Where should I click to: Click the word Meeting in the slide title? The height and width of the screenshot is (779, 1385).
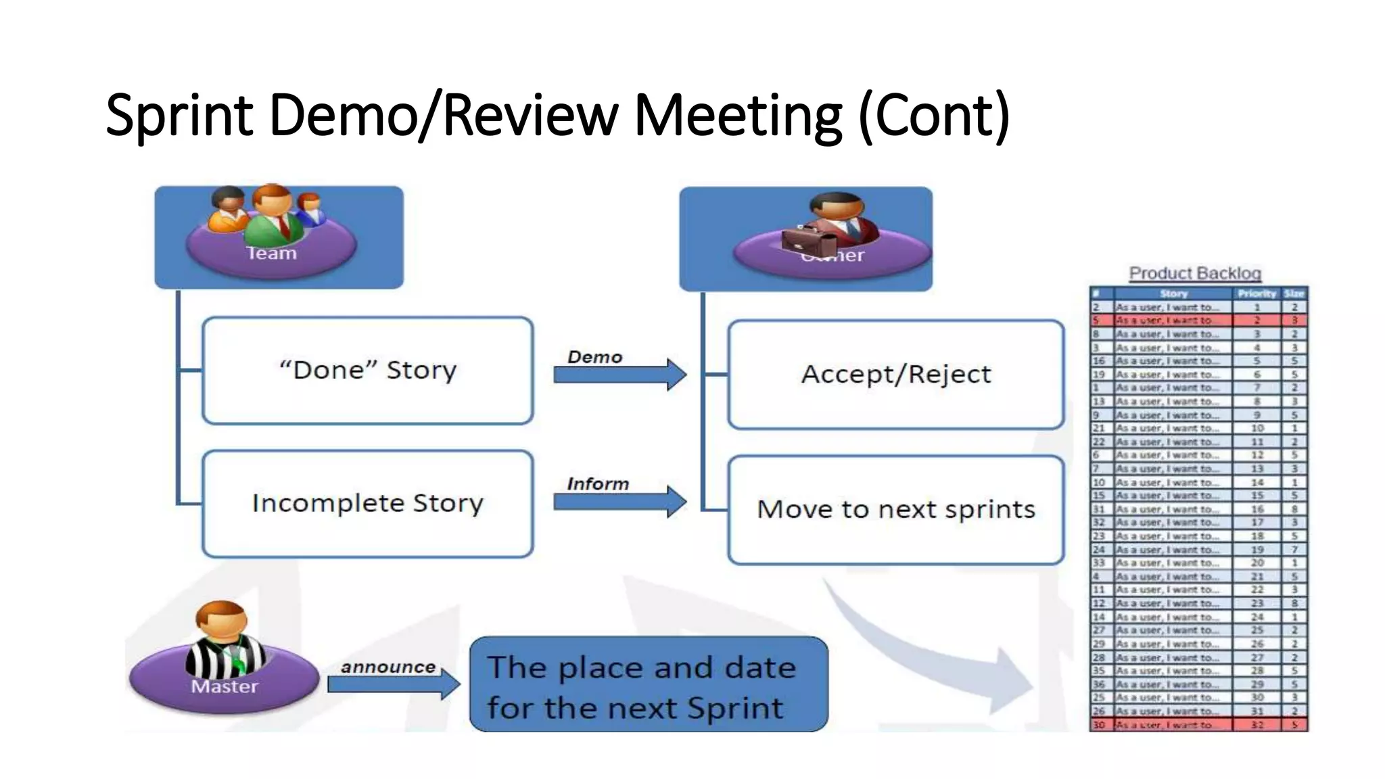pyautogui.click(x=738, y=116)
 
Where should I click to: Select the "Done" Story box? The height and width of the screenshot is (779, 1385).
pyautogui.click(x=368, y=371)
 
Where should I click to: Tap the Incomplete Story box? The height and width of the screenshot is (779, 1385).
pyautogui.click(x=368, y=504)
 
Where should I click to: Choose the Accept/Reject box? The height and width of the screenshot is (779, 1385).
pyautogui.click(x=896, y=375)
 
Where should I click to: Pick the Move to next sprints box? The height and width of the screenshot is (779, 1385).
pyautogui.click(x=896, y=510)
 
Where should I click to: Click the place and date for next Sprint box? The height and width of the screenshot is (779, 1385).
pyautogui.click(x=648, y=684)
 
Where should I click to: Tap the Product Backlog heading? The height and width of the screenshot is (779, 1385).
pyautogui.click(x=1195, y=273)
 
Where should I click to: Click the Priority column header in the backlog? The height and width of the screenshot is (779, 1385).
pyautogui.click(x=1257, y=293)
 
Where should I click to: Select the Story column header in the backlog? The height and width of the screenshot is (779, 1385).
pyautogui.click(x=1173, y=293)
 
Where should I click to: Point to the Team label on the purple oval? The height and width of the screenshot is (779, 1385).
pyautogui.click(x=271, y=254)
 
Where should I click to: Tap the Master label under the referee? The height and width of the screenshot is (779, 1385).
pyautogui.click(x=225, y=687)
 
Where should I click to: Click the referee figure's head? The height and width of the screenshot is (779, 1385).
pyautogui.click(x=221, y=618)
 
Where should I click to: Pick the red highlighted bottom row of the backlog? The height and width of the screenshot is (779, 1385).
pyautogui.click(x=1198, y=725)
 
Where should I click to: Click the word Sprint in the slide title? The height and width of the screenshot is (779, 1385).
pyautogui.click(x=179, y=116)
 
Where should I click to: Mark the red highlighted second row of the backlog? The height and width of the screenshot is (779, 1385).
pyautogui.click(x=1198, y=321)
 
